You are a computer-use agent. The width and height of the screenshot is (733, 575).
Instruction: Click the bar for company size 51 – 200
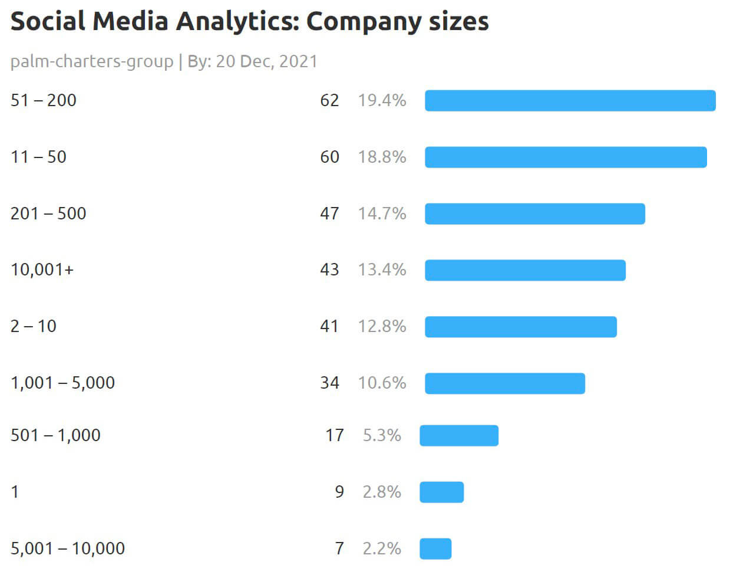(x=570, y=101)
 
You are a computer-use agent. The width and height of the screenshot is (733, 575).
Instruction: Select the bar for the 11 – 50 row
(x=566, y=157)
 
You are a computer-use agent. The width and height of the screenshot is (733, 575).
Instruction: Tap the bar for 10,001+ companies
(x=525, y=270)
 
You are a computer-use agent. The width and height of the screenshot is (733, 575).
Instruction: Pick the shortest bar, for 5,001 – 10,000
(x=435, y=548)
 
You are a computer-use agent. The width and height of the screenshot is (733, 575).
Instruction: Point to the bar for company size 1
(x=441, y=492)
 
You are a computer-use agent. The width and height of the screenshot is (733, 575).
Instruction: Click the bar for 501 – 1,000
(x=459, y=436)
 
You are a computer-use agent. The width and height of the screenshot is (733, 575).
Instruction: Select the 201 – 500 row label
(x=48, y=213)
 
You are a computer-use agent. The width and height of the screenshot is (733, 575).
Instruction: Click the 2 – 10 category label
(x=34, y=326)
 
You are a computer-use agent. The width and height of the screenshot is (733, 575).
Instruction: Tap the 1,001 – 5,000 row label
(x=62, y=383)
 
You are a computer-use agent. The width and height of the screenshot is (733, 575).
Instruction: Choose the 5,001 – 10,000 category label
(x=68, y=548)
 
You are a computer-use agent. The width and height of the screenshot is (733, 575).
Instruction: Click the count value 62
(x=329, y=101)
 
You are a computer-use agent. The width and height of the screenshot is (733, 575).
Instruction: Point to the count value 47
(x=329, y=213)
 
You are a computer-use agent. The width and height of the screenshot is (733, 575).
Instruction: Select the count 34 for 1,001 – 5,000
(x=329, y=383)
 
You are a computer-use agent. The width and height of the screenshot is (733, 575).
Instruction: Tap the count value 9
(x=339, y=492)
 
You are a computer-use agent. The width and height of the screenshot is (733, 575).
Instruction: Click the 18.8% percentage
(x=382, y=157)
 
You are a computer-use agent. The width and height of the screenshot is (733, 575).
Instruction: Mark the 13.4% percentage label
(x=382, y=270)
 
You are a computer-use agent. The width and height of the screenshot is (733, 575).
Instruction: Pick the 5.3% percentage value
(x=382, y=436)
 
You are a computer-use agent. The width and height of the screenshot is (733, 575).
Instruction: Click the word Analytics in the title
(x=237, y=22)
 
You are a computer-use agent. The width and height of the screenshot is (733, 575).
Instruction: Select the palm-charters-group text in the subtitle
(x=92, y=61)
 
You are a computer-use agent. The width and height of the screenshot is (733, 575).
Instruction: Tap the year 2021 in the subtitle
(x=298, y=61)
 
